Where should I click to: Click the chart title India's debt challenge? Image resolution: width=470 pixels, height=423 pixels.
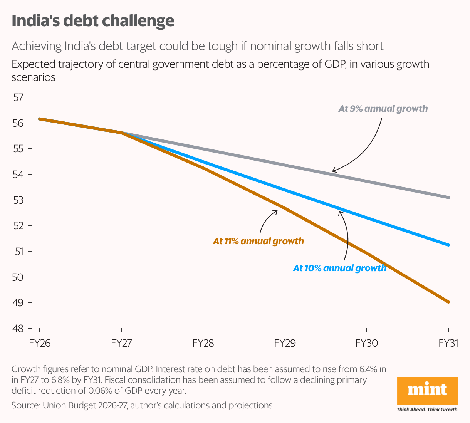click(93, 21)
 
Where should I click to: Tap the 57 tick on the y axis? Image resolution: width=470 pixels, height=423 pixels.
click(18, 97)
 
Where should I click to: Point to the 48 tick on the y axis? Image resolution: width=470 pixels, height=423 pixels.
click(18, 329)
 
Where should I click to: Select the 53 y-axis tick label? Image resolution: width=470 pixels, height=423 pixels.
click(18, 200)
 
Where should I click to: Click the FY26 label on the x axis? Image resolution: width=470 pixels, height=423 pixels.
click(40, 343)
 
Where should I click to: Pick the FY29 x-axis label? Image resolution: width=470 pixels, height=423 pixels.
click(285, 343)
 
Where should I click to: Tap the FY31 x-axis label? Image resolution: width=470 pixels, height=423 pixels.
click(448, 343)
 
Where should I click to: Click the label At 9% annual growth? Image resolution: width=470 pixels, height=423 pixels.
click(383, 109)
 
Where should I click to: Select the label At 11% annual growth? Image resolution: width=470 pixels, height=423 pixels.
click(258, 242)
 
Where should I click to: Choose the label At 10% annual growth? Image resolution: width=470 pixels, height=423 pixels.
click(339, 268)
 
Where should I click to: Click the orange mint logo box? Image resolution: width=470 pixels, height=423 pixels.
click(427, 390)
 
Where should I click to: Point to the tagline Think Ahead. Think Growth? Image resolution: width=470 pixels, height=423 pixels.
click(427, 410)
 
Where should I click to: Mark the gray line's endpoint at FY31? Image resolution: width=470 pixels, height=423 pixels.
click(448, 197)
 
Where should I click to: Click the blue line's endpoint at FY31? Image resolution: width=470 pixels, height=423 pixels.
click(448, 245)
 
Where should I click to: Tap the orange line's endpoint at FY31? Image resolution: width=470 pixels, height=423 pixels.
click(448, 302)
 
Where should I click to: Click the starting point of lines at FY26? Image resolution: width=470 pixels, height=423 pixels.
click(40, 119)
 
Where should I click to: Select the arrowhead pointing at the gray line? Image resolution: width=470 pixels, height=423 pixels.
click(334, 171)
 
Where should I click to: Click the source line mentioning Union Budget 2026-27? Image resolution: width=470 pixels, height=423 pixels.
click(142, 405)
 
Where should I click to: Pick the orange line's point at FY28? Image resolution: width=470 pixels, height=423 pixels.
click(203, 168)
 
